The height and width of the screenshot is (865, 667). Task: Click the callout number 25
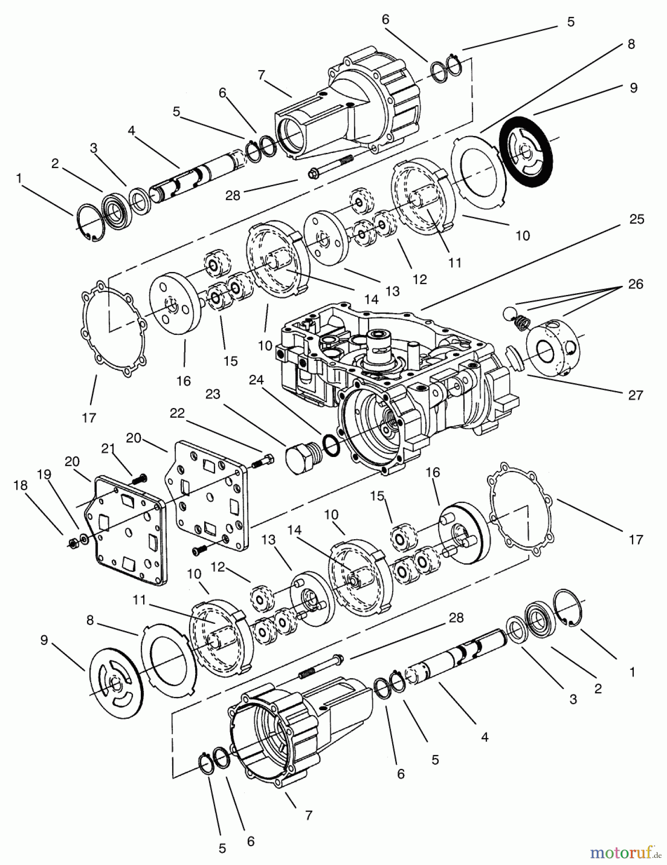click(637, 219)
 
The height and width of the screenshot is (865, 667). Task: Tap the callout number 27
click(635, 395)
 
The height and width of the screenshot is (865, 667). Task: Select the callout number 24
click(256, 380)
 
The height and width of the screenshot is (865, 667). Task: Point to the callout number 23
click(212, 394)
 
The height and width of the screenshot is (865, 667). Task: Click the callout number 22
click(177, 413)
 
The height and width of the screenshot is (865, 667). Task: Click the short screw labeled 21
click(139, 477)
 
